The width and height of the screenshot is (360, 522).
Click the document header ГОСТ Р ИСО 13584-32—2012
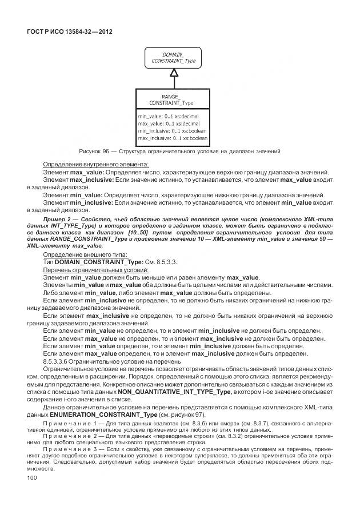tap(69, 32)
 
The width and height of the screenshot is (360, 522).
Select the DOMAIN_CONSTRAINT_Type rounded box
tap(171, 58)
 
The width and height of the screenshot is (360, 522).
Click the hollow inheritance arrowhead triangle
tap(171, 73)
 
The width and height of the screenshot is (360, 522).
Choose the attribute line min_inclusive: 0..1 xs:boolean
tap(171, 131)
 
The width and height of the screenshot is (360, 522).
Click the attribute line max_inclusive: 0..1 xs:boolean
tap(172, 138)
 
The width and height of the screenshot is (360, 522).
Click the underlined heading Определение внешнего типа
tap(85, 254)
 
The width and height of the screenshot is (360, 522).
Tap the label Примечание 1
tap(67, 424)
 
